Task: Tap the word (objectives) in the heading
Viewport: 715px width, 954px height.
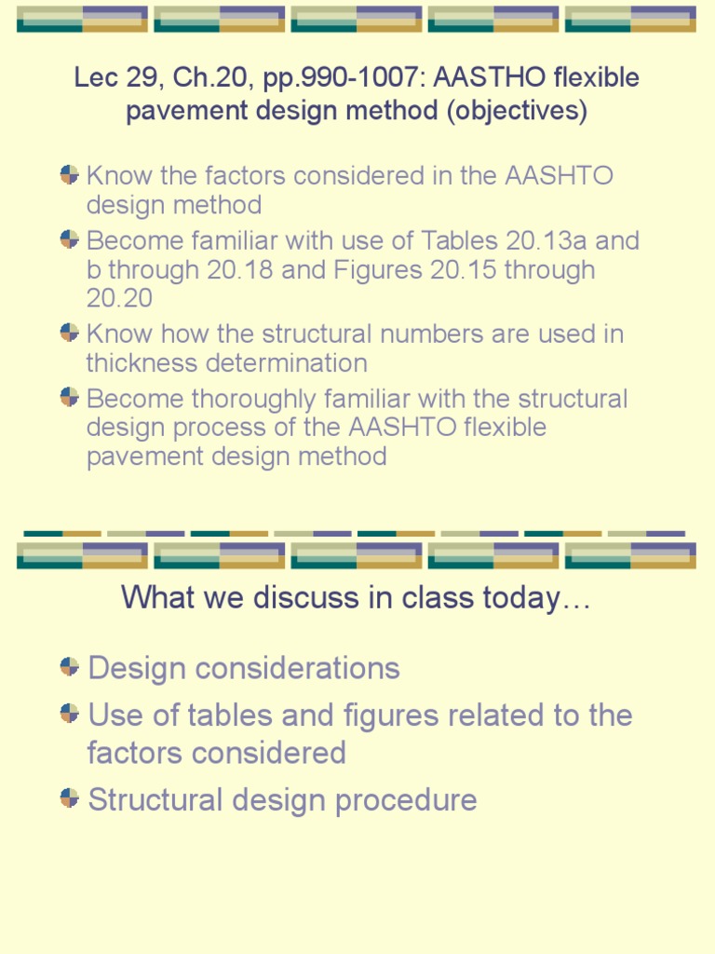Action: pos(517,111)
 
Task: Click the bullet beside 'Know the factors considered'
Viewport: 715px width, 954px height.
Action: pos(69,174)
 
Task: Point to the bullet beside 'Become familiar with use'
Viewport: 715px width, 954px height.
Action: pos(69,239)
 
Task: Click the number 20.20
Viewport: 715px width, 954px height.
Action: pos(120,298)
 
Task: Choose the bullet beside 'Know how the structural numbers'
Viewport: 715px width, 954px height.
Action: pos(69,332)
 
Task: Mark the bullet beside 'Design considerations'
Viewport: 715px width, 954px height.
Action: pos(69,666)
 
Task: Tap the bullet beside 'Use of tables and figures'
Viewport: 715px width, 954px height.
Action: pos(69,714)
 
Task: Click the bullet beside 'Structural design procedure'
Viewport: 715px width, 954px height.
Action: pos(69,797)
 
